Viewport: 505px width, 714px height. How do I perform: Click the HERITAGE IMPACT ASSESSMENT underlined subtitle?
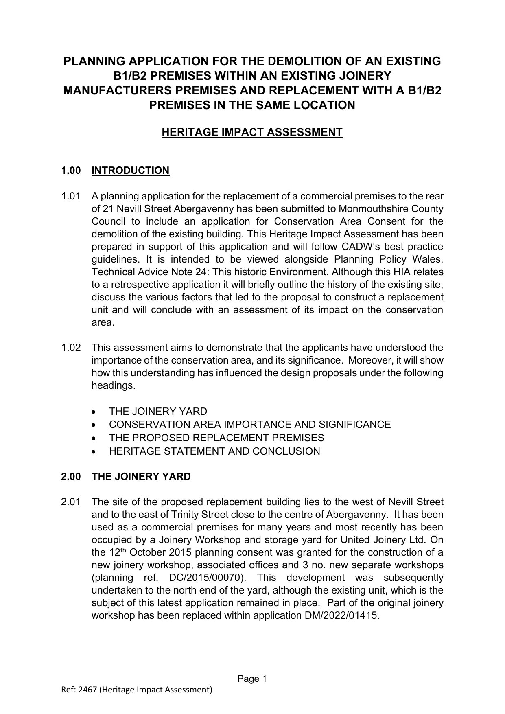tap(252, 132)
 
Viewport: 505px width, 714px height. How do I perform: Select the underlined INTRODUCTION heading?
tap(130, 170)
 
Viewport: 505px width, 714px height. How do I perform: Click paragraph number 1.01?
tap(70, 196)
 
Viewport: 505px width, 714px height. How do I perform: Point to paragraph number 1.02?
tap(70, 348)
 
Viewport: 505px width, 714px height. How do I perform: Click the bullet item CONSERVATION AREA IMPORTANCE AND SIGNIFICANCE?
tap(249, 425)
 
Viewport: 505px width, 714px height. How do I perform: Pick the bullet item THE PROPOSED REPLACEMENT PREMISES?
tap(216, 438)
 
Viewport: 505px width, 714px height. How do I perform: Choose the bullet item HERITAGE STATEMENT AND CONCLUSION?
tap(214, 451)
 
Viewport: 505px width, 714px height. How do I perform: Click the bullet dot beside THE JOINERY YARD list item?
tap(94, 412)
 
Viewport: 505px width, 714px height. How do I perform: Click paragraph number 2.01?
tap(70, 502)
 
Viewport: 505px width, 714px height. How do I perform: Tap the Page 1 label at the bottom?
tap(252, 679)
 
